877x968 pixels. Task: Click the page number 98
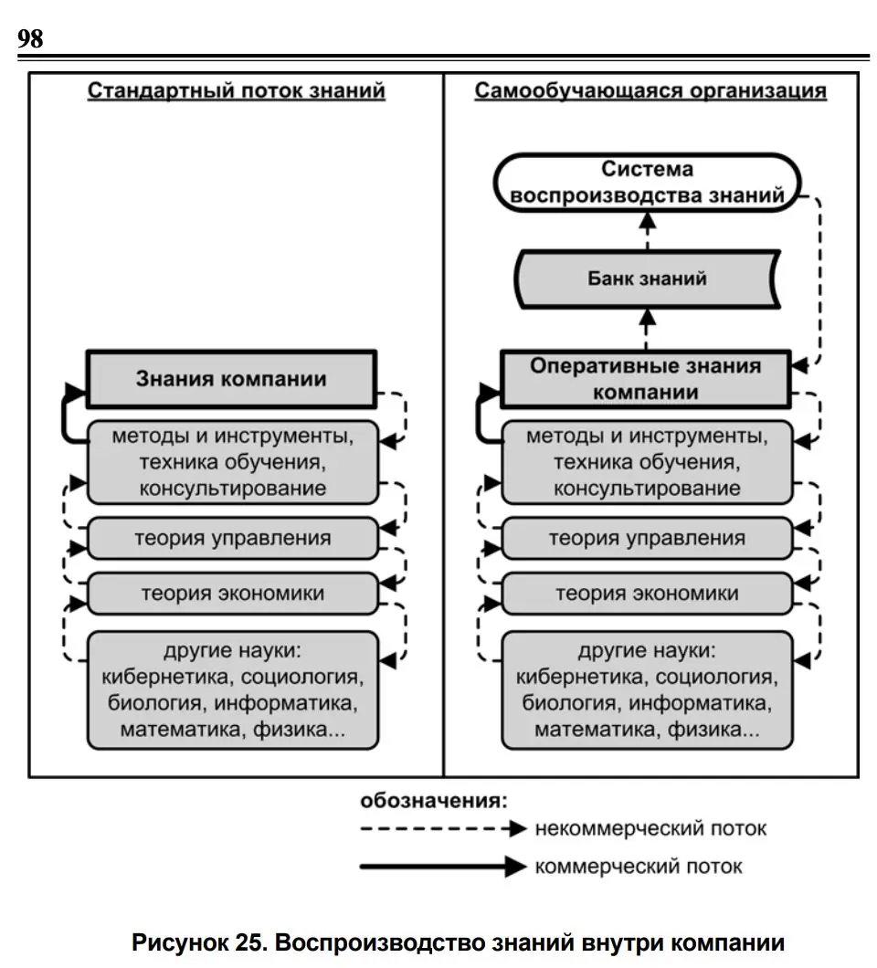(30, 38)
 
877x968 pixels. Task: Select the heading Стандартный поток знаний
(236, 90)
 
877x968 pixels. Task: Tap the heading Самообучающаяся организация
(650, 90)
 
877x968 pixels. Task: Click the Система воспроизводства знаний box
(648, 183)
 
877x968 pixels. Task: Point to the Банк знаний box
(648, 279)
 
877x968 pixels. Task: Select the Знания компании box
(232, 379)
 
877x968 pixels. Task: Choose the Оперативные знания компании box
(646, 379)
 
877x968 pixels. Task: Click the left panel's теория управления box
(233, 538)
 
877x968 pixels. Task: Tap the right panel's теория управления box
(648, 538)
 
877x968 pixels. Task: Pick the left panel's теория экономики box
(233, 594)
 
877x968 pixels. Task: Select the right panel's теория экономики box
(648, 594)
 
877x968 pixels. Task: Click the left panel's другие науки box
(233, 690)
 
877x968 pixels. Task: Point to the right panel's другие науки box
(648, 690)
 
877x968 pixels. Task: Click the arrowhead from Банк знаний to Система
(648, 222)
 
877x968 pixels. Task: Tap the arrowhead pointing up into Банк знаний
(648, 317)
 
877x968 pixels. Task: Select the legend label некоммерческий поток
(650, 828)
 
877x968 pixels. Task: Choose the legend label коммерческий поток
(639, 867)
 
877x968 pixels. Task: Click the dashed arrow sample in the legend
(443, 828)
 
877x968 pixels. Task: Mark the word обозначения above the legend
(434, 801)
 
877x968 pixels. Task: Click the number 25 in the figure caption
(248, 943)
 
